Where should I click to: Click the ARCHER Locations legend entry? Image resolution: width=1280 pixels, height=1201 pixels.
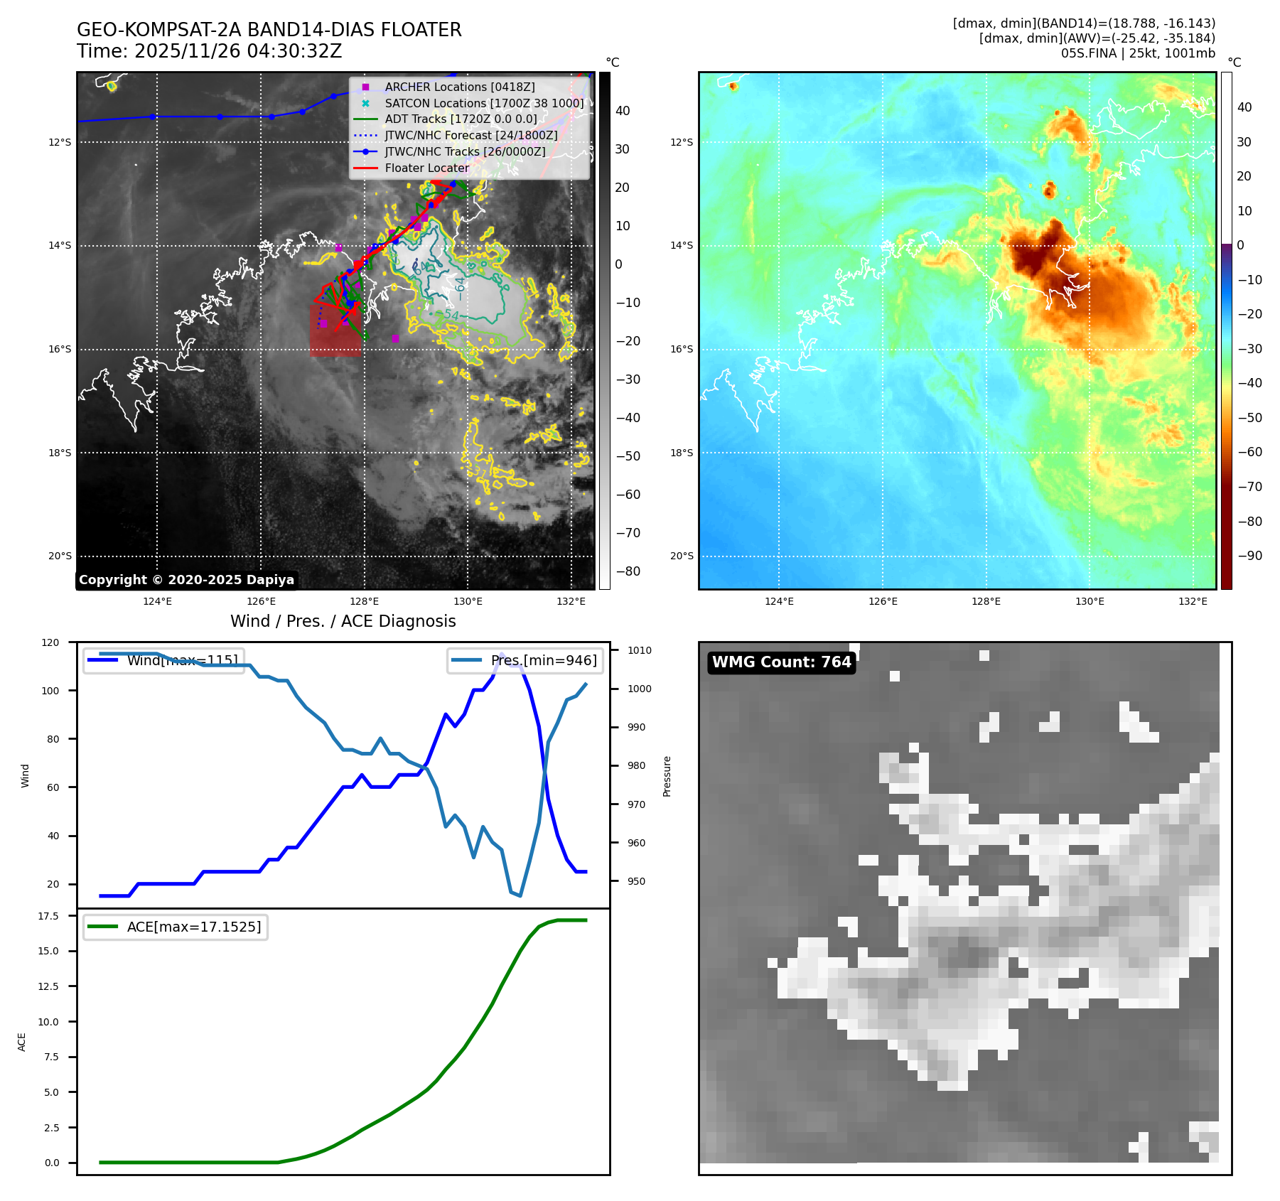pos(459,87)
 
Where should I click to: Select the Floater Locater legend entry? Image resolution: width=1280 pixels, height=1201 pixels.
pos(426,168)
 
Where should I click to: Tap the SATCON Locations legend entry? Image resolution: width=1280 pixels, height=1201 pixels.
pos(483,103)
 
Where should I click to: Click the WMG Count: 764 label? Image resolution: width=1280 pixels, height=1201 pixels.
pos(781,662)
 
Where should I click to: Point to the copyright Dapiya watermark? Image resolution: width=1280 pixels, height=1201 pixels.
pos(186,580)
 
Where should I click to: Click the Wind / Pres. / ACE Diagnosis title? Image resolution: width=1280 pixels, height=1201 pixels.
pos(343,621)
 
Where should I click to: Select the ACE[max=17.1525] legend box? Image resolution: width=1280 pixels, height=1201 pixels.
pos(176,927)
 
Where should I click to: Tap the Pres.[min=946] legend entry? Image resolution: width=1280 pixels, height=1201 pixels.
pos(526,660)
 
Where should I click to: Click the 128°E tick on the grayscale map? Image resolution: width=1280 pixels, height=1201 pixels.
pos(364,601)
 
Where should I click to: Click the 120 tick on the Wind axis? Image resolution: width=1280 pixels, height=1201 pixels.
pos(50,642)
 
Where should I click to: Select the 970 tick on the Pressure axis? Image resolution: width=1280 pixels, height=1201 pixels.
pos(636,804)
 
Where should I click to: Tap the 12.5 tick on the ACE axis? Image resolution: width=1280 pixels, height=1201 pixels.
pos(48,986)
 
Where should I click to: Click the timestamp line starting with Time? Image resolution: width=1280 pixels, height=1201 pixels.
pos(210,51)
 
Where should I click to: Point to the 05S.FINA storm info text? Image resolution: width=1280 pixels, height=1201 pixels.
pos(1137,53)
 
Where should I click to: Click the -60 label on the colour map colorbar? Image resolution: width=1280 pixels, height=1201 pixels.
pos(1249,452)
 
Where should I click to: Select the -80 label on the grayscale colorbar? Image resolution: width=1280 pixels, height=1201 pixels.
pos(628,571)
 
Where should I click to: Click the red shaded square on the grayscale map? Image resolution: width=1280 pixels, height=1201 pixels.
pos(335,330)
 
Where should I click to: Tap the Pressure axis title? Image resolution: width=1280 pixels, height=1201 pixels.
pos(667,776)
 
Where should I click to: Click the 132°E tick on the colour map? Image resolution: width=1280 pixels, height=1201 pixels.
pos(1193,601)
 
